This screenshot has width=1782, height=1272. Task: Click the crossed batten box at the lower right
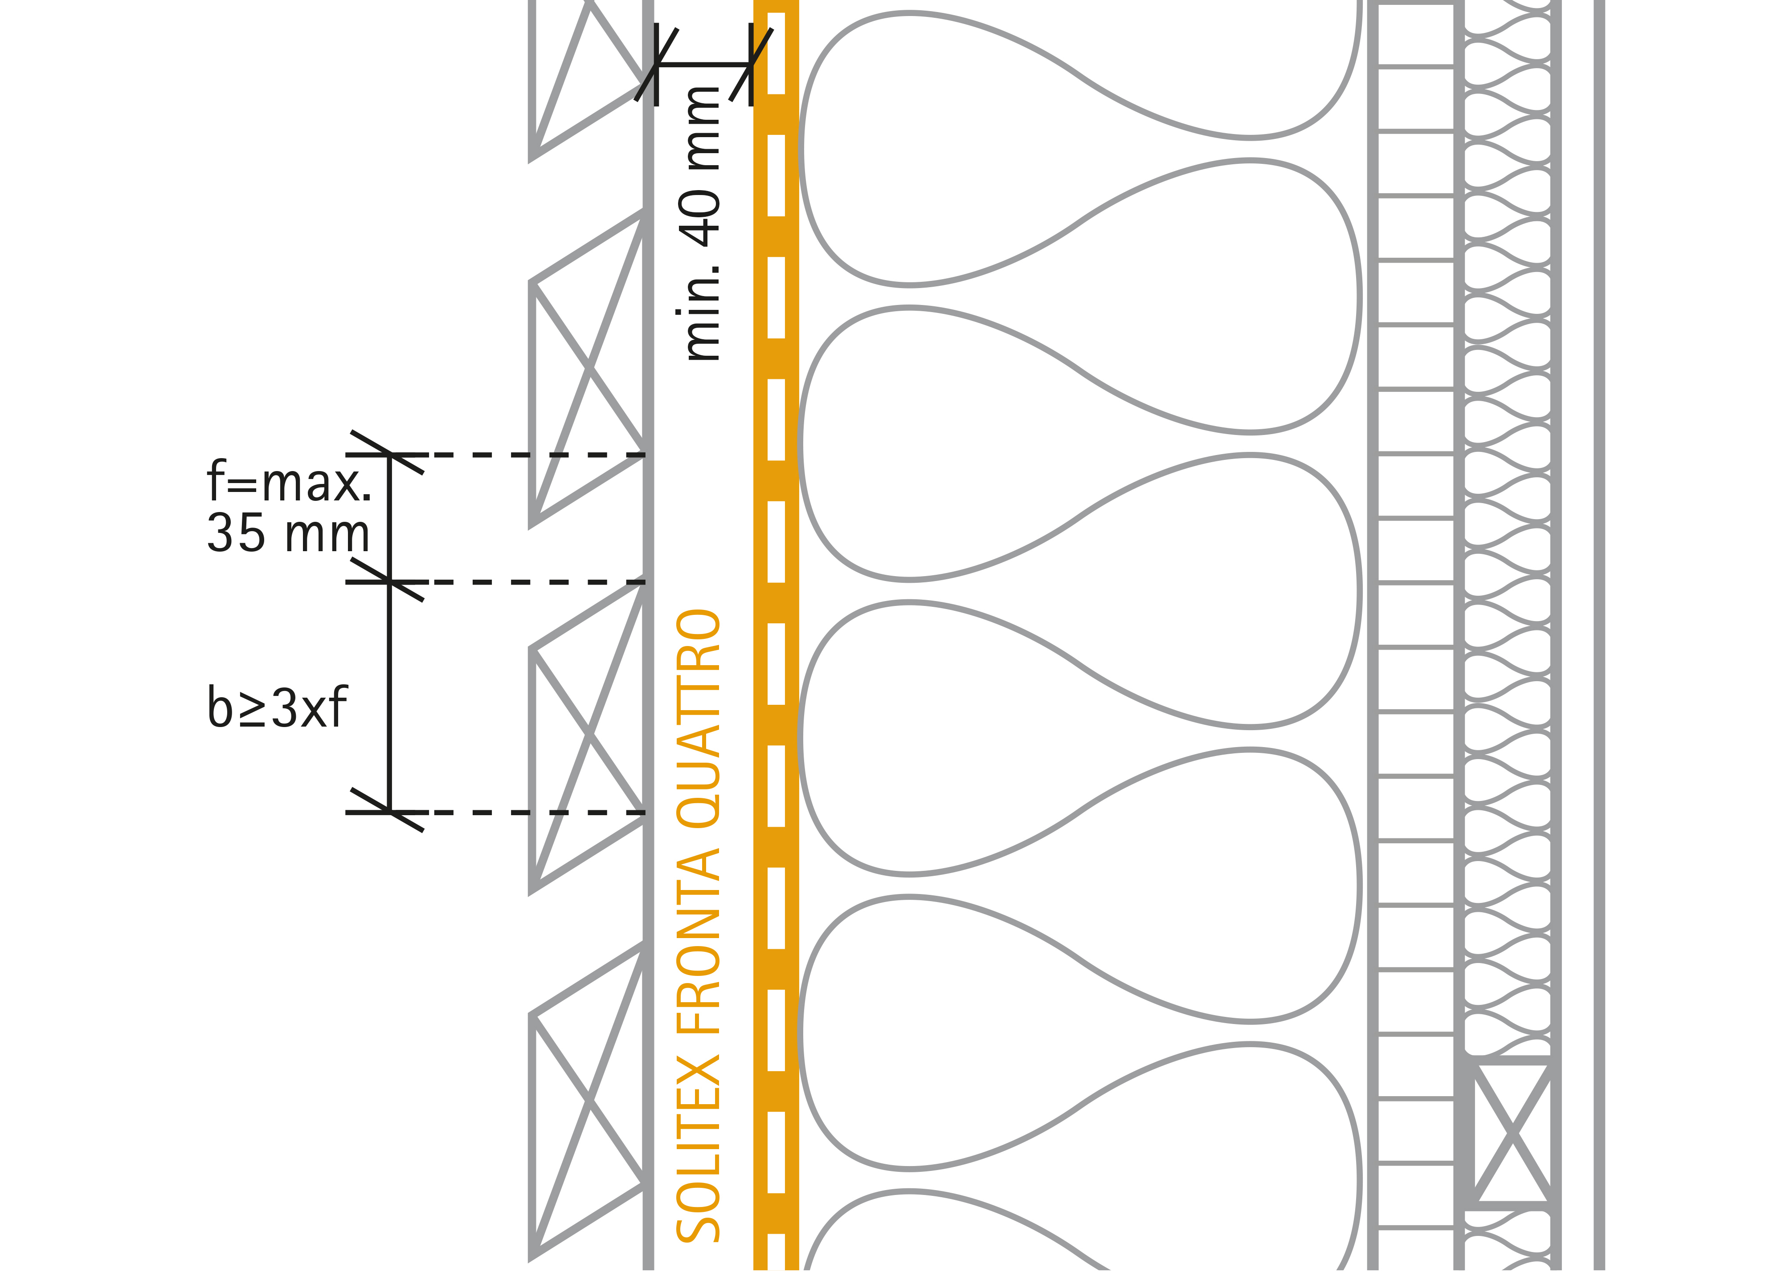[1512, 1133]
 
